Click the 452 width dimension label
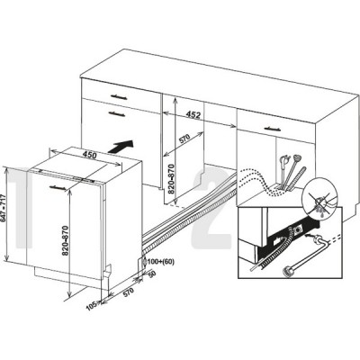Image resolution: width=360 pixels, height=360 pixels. coord(193,114)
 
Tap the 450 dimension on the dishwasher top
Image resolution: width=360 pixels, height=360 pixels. coord(89,155)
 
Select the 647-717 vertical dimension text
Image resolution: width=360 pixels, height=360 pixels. coord(3,209)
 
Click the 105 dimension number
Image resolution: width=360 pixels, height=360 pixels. coord(91,306)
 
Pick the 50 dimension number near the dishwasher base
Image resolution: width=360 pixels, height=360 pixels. coord(152,274)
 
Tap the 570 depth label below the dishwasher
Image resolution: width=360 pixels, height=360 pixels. coord(128,292)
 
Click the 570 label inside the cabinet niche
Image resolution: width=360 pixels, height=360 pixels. coord(184,139)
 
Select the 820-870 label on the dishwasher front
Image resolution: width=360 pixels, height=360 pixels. coord(66,240)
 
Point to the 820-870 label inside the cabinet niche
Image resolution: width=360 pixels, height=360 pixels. coord(171,179)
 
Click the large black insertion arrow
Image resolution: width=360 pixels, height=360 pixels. coord(121,147)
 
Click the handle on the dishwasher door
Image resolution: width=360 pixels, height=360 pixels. coord(58,187)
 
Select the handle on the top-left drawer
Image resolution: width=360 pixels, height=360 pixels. coord(119,97)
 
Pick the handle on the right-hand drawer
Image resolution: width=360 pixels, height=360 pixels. coord(273,129)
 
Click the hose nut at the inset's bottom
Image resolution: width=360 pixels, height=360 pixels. coord(288,273)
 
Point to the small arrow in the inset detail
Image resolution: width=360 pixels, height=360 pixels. coord(308,236)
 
